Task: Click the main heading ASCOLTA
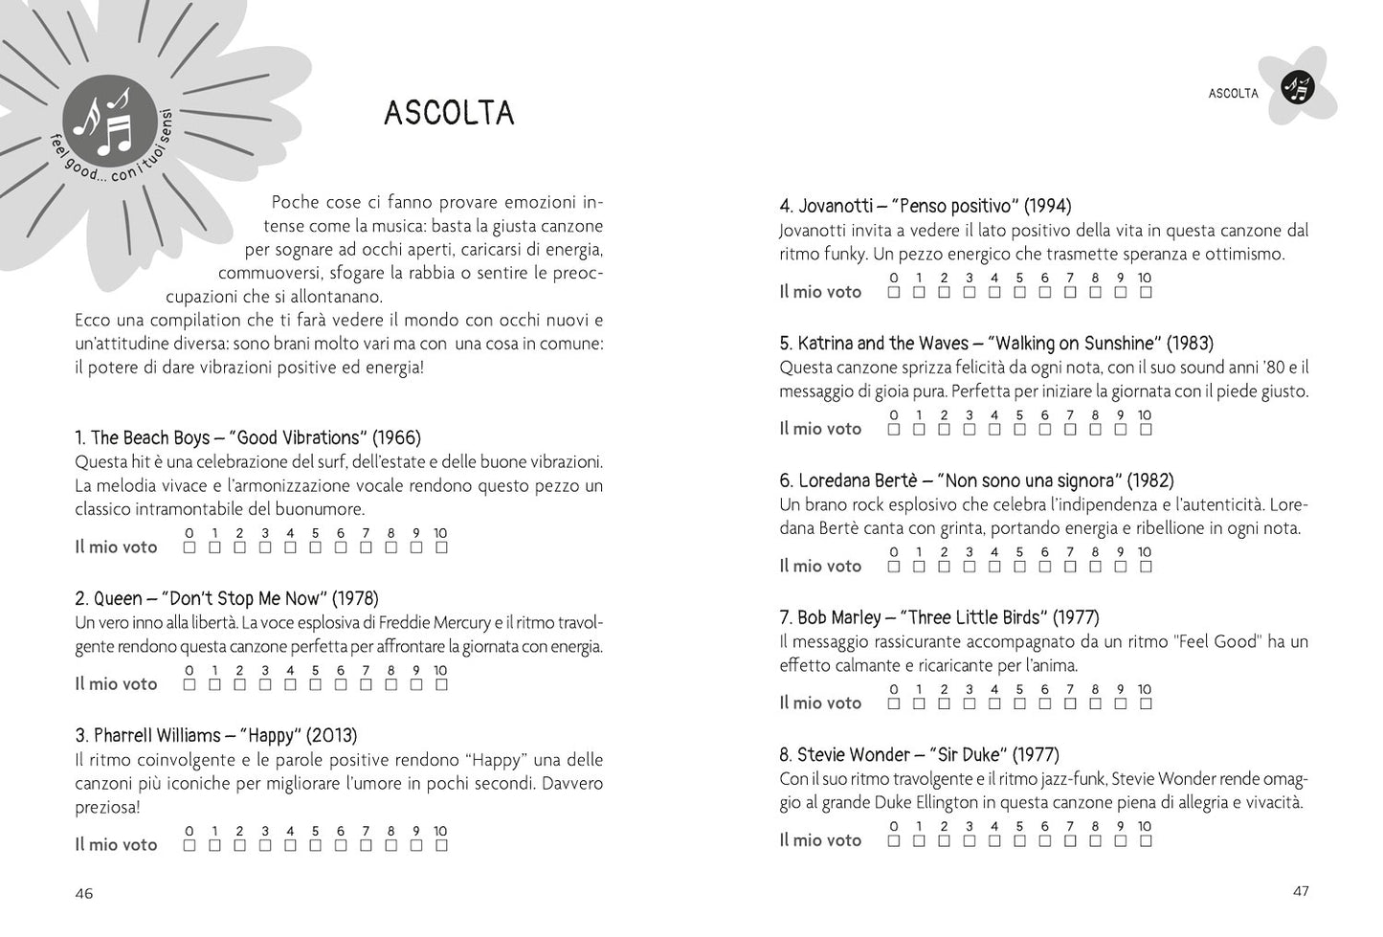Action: coord(449,113)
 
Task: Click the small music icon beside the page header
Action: coord(1298,88)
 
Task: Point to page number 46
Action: coord(84,893)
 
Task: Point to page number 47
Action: coord(1301,891)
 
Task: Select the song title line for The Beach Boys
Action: coord(248,438)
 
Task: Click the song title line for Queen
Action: coord(227,599)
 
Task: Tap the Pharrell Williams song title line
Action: coord(216,736)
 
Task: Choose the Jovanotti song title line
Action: coord(926,206)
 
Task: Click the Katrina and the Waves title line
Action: coord(996,344)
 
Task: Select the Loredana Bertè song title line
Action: coord(976,480)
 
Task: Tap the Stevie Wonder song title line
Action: coord(919,755)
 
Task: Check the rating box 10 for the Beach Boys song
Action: coord(441,547)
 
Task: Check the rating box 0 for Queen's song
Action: coord(190,684)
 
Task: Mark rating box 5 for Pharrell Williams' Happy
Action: coord(316,845)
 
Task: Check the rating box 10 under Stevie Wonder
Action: coord(1146,841)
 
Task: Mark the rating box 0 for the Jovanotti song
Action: coord(894,292)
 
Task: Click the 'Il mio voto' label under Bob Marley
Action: coord(820,703)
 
